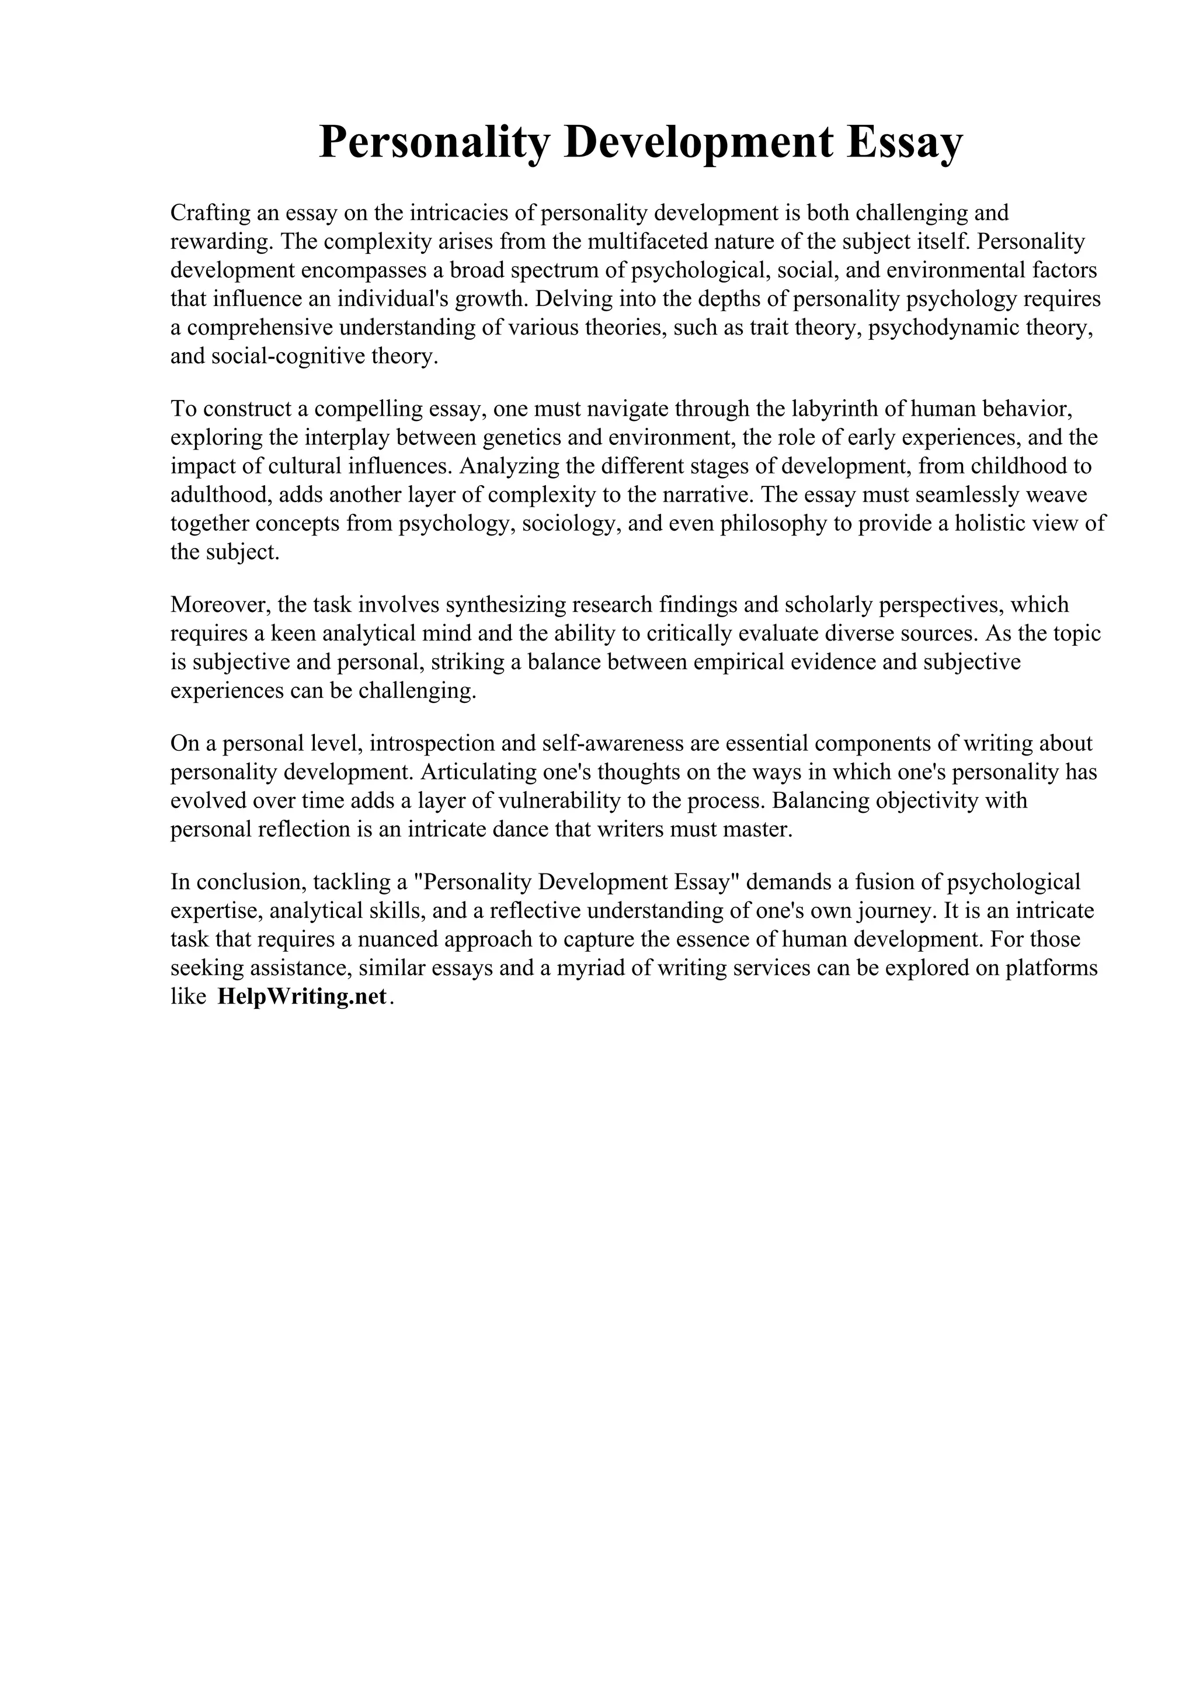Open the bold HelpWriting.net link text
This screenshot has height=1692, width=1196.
(x=301, y=997)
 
